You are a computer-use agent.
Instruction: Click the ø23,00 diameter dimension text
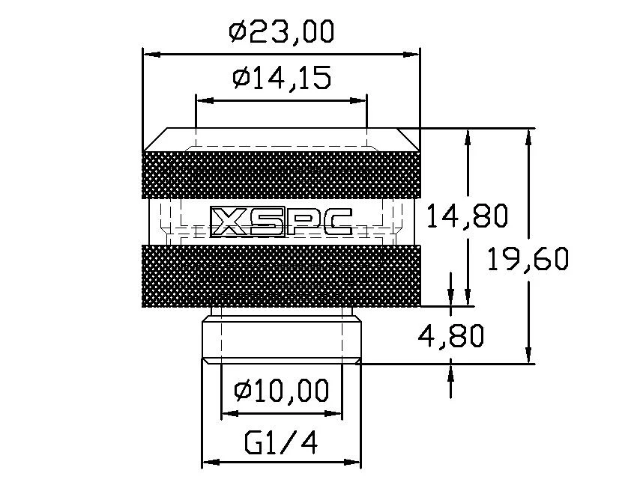[x=281, y=32]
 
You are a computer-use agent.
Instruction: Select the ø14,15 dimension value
[x=281, y=78]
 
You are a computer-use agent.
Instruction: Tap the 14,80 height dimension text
[x=468, y=216]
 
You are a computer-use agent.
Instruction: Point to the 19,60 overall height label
[x=528, y=260]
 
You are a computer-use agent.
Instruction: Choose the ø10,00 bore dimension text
[x=281, y=390]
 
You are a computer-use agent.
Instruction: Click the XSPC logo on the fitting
[x=281, y=221]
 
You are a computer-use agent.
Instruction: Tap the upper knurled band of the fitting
[x=281, y=174]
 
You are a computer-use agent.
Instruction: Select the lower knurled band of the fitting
[x=281, y=276]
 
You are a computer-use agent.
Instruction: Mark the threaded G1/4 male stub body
[x=281, y=337]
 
